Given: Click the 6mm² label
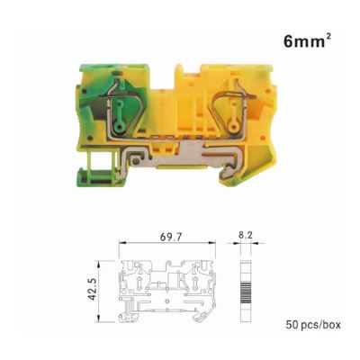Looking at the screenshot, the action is point(307,41).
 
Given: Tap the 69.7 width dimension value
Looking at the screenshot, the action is point(171,237).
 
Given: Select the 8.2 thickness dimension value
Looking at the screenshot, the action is point(246,236).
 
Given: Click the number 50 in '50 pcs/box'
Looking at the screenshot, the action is point(292,325).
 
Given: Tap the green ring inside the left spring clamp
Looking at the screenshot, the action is point(120,128).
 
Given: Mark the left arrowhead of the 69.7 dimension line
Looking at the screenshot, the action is point(122,243).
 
